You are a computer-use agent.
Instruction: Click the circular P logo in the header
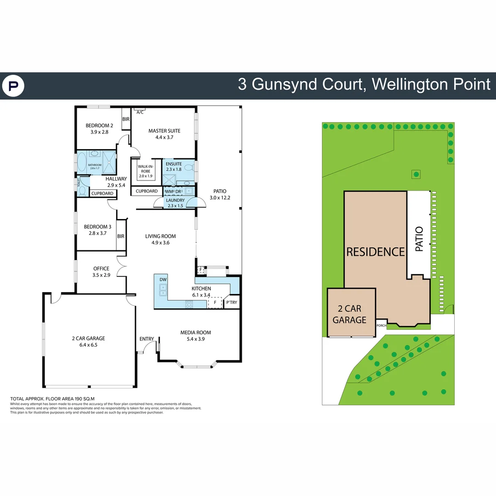pyautogui.click(x=13, y=86)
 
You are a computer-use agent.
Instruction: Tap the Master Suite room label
pyautogui.click(x=164, y=131)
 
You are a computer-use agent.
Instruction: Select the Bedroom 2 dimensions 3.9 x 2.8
pyautogui.click(x=99, y=132)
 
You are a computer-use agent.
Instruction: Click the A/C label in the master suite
pyautogui.click(x=140, y=112)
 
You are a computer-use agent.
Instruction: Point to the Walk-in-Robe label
pyautogui.click(x=145, y=169)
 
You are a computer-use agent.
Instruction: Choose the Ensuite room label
pyautogui.click(x=174, y=164)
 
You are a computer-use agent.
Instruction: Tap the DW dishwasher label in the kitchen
pyautogui.click(x=163, y=279)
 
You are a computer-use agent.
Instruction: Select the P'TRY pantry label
pyautogui.click(x=231, y=303)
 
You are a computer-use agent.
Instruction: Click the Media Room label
pyautogui.click(x=196, y=333)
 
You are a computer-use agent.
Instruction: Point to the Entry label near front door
pyautogui.click(x=147, y=339)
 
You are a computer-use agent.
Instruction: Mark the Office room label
pyautogui.click(x=101, y=269)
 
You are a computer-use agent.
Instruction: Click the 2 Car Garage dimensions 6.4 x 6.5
pyautogui.click(x=88, y=344)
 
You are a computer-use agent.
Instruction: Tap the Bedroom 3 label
pyautogui.click(x=97, y=226)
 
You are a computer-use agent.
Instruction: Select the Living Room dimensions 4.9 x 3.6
pyautogui.click(x=160, y=242)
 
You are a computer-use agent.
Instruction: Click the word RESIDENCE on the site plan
pyautogui.click(x=375, y=252)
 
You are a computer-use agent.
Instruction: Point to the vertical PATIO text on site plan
pyautogui.click(x=419, y=239)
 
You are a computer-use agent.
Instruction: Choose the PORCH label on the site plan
pyautogui.click(x=381, y=326)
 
